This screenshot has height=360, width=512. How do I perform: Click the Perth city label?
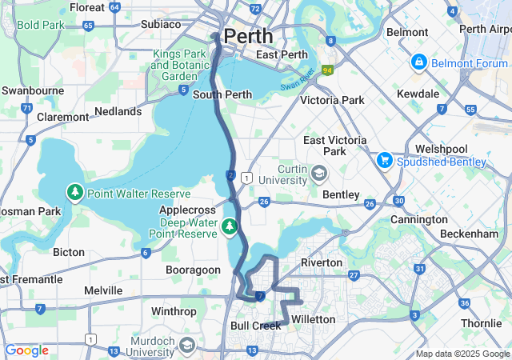[248, 36]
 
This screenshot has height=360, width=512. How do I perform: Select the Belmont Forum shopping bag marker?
[418, 62]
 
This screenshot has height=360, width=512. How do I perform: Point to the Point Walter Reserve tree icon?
[74, 193]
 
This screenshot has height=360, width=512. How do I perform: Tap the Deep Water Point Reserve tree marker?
[230, 227]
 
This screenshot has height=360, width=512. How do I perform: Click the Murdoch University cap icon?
[187, 346]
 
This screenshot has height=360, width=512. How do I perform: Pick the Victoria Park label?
[331, 100]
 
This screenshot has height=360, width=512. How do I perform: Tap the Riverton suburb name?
[321, 262]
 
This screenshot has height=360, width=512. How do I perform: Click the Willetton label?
[313, 319]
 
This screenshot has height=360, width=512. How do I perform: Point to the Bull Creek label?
[255, 326]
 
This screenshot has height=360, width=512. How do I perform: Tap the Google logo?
[26, 350]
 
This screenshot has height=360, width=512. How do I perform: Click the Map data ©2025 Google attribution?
[462, 354]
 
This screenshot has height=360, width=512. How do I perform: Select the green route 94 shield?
[326, 70]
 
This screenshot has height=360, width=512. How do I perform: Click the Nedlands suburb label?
[118, 111]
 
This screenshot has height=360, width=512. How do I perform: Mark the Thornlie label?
[482, 324]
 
